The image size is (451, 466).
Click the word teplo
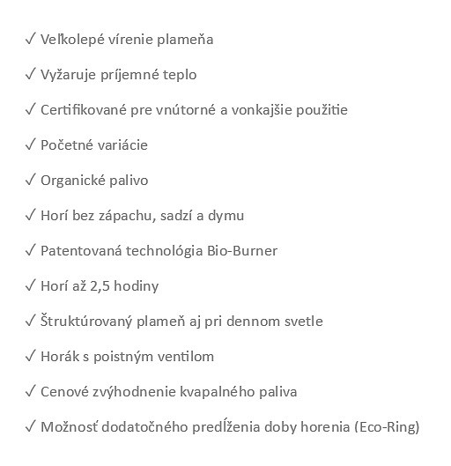coord(178,75)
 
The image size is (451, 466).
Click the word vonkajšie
coord(268,110)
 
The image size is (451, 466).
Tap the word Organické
coord(72,181)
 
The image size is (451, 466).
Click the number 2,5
coord(104,286)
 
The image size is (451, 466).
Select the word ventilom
coord(187,357)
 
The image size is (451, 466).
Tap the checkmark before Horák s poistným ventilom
coord(31,357)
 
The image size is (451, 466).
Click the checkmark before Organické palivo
coord(31,181)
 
